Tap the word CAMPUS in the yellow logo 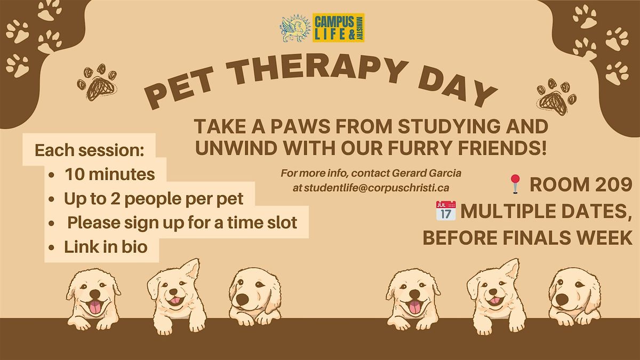[333, 22]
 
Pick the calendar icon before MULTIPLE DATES [445, 211]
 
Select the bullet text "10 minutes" [109, 174]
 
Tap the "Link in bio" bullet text [106, 247]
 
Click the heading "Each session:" [90, 150]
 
